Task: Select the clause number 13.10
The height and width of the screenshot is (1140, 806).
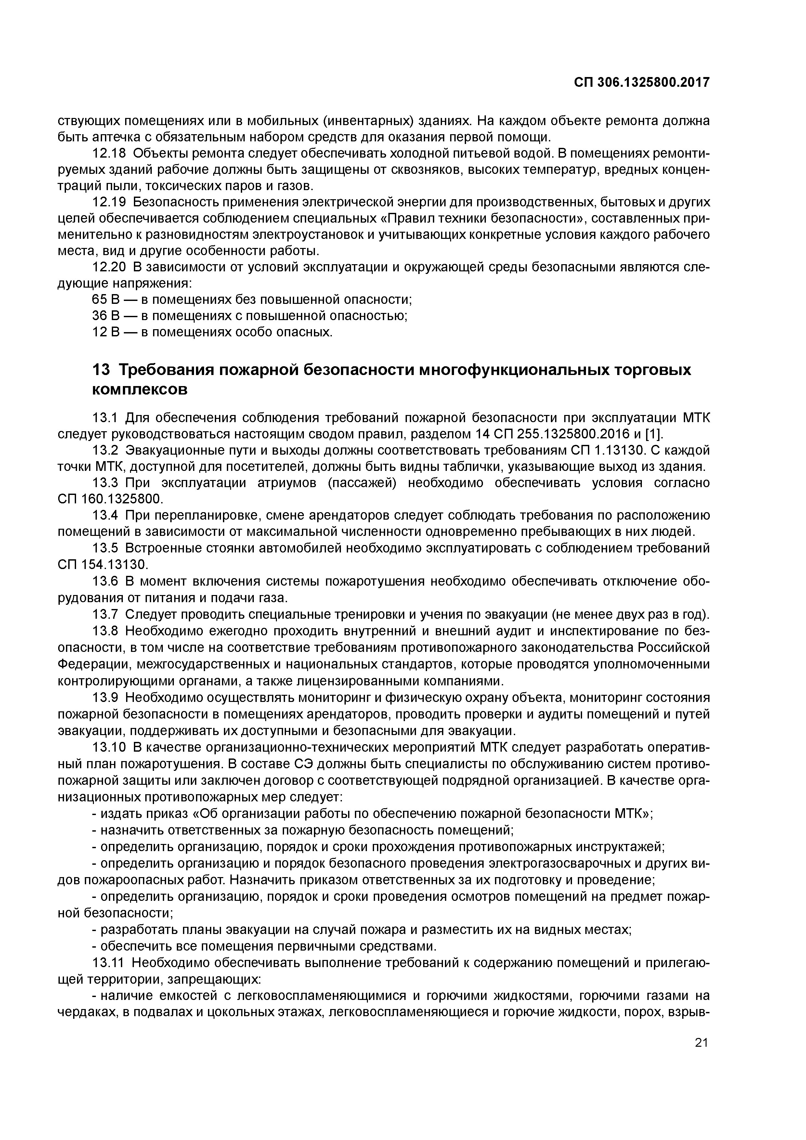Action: tap(108, 747)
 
